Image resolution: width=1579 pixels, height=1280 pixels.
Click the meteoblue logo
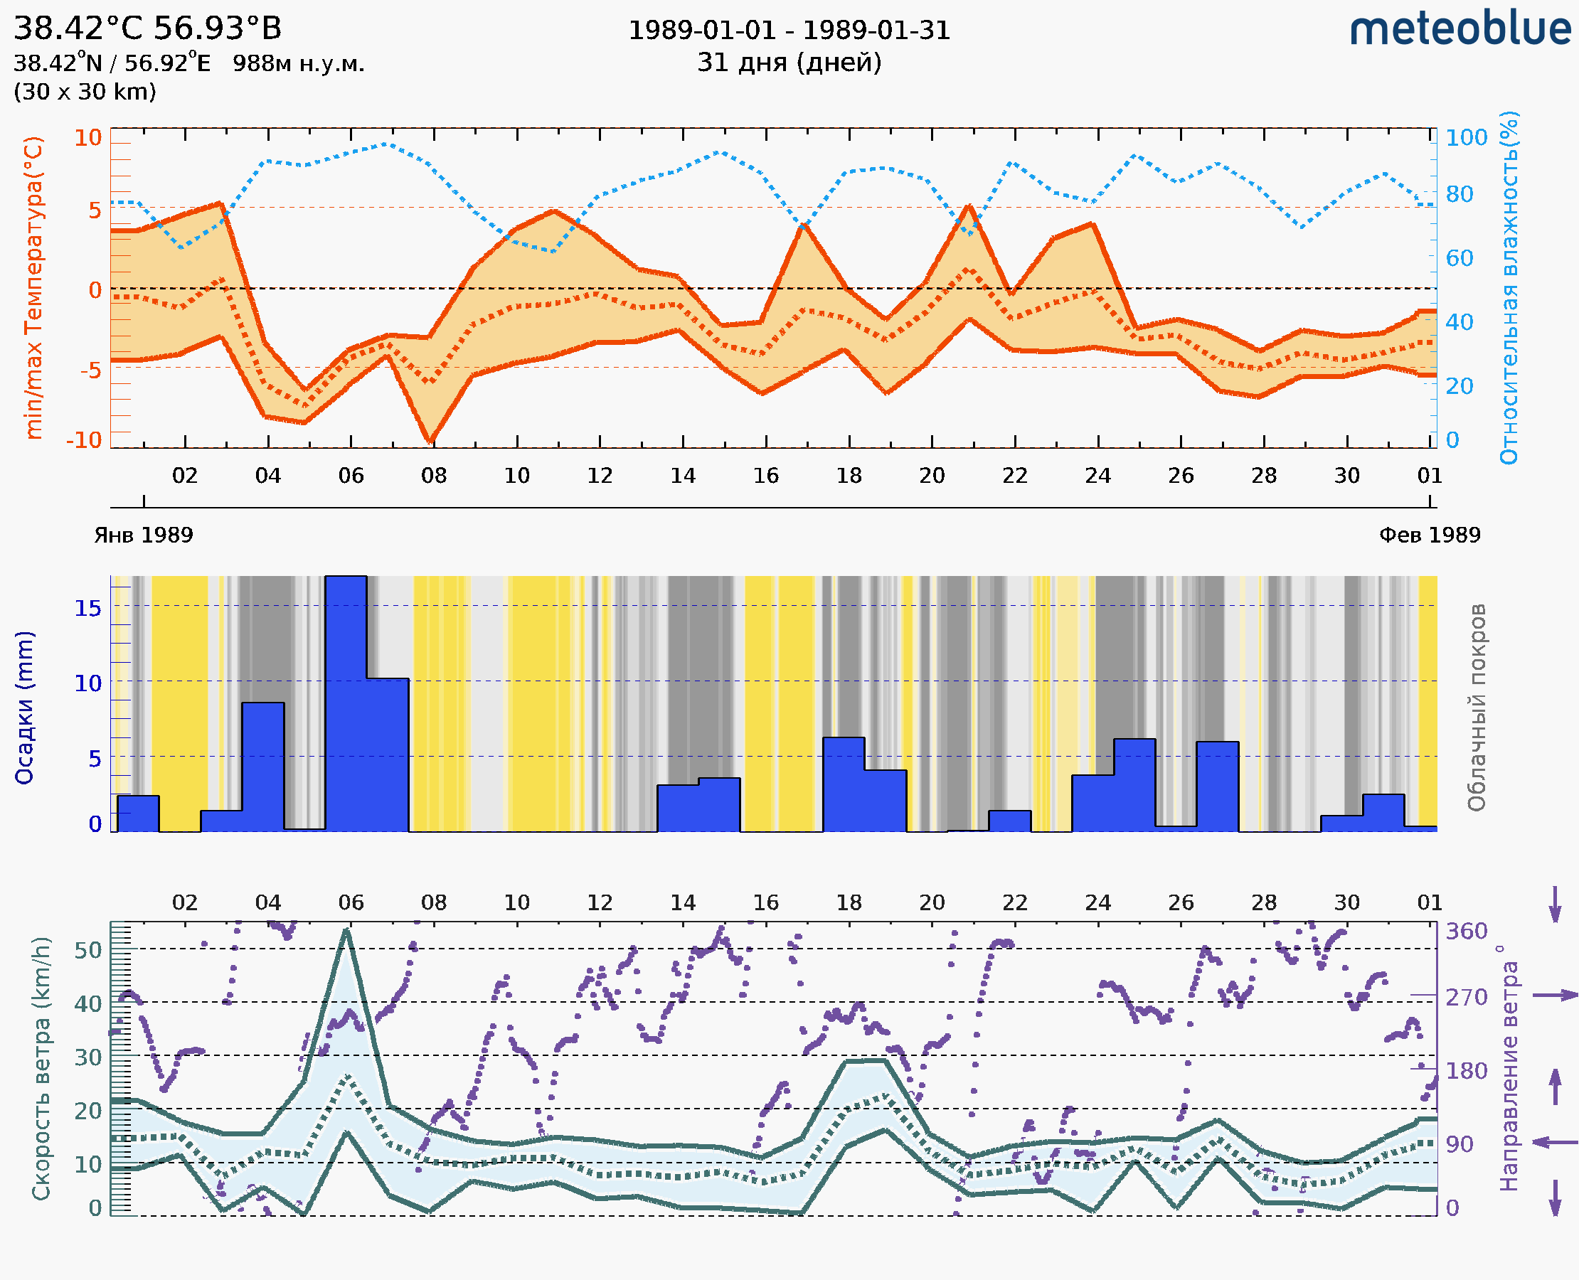1460,29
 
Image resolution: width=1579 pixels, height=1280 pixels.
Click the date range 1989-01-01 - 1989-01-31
789,31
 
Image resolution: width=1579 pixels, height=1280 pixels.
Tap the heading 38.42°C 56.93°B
147,28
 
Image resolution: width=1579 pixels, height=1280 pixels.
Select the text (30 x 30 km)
85,92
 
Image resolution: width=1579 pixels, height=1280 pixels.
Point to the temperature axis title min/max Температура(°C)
33,287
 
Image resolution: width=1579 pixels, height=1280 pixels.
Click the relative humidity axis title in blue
1509,287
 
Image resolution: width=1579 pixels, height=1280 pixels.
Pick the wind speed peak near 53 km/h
346,932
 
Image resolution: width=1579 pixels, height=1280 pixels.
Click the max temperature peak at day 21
970,206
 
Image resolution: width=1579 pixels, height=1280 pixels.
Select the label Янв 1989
143,535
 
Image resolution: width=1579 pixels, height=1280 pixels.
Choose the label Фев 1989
1430,535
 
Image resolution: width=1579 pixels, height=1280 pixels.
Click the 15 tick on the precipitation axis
87,607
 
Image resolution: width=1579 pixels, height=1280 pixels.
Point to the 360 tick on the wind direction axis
1466,932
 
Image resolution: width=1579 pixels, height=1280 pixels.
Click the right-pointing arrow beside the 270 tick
1555,996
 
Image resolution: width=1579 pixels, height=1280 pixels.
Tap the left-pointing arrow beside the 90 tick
1555,1142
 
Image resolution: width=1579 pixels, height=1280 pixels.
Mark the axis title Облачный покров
1477,708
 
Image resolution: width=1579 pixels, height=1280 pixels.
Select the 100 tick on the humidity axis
1466,137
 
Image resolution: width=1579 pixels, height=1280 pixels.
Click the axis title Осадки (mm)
24,708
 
